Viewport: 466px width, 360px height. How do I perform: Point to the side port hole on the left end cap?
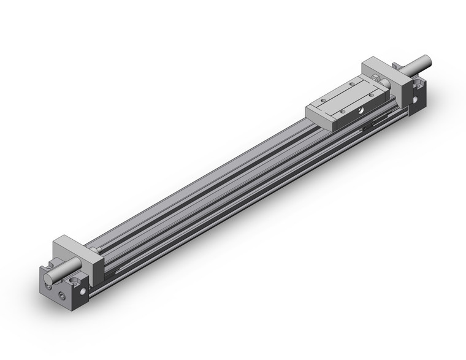[75, 283]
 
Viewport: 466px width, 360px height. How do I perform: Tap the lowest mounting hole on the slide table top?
[338, 112]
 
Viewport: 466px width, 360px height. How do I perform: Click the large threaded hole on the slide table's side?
[361, 110]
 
